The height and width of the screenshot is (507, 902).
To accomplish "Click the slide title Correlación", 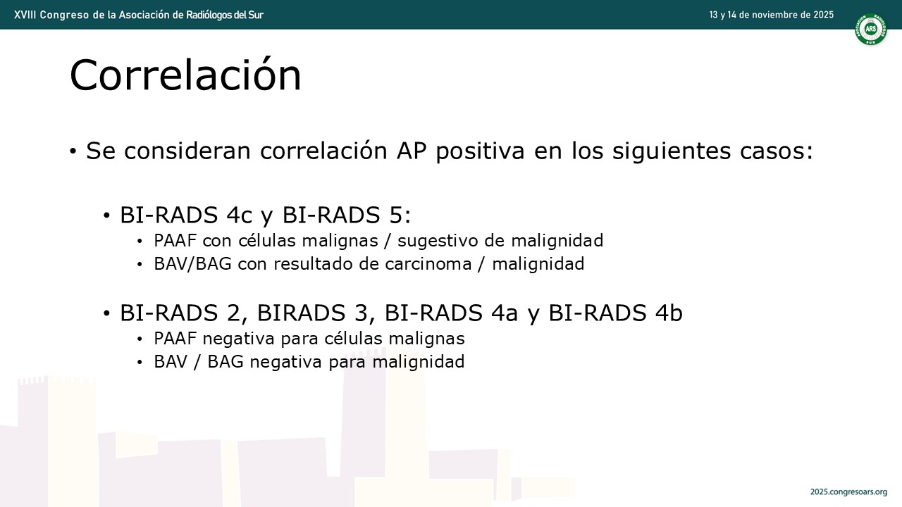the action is tap(185, 75).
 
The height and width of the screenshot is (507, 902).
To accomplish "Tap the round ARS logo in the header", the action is tap(870, 29).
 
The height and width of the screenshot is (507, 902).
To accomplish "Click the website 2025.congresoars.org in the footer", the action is tap(848, 492).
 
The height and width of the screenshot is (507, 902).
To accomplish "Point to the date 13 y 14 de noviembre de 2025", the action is tap(771, 15).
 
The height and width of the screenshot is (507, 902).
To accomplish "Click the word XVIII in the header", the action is tap(25, 15).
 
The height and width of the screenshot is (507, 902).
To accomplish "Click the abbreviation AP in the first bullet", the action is tap(411, 151).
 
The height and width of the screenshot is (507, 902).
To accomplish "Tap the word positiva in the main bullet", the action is tap(480, 151).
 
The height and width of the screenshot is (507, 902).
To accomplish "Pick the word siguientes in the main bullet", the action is tap(672, 151).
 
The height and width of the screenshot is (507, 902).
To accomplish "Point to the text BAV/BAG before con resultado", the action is tap(192, 264).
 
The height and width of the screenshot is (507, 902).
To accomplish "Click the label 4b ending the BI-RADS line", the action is tap(669, 313).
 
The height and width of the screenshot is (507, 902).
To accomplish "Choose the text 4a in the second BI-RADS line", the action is tap(504, 313).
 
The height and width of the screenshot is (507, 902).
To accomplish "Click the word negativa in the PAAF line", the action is tap(238, 339).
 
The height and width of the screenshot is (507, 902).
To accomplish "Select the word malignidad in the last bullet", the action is tap(419, 361).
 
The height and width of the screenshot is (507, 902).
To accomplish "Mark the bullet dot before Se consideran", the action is tap(73, 151).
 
